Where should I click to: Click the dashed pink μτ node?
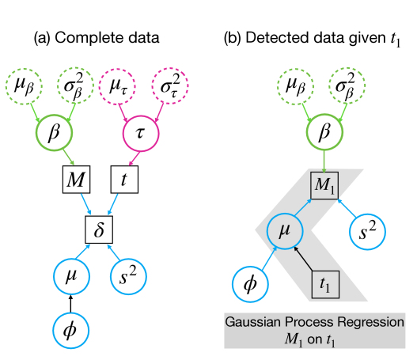pyautogui.click(x=117, y=86)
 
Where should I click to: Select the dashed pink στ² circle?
pyautogui.click(x=170, y=86)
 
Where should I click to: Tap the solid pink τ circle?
pyautogui.click(x=141, y=133)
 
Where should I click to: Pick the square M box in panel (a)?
pyautogui.click(x=76, y=180)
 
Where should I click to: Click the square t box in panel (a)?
pyautogui.click(x=124, y=180)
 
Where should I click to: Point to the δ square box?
pyautogui.click(x=99, y=229)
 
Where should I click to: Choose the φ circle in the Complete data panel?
pyautogui.click(x=70, y=331)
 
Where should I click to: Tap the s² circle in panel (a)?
pyautogui.click(x=128, y=276)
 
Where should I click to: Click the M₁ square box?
pyautogui.click(x=324, y=186)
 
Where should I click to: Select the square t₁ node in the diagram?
pyautogui.click(x=325, y=285)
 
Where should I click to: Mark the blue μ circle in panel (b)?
pyautogui.click(x=285, y=231)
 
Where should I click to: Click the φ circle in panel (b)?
pyautogui.click(x=251, y=284)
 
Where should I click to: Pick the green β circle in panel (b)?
pyautogui.click(x=324, y=132)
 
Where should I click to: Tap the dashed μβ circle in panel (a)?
pyautogui.click(x=24, y=86)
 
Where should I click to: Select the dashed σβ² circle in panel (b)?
pyautogui.click(x=347, y=86)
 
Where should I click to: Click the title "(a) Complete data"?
pyautogui.click(x=97, y=37)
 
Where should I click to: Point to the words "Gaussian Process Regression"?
pyautogui.click(x=315, y=322)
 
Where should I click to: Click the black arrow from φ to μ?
pyautogui.click(x=70, y=304)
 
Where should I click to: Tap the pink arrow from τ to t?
pyautogui.click(x=135, y=158)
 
